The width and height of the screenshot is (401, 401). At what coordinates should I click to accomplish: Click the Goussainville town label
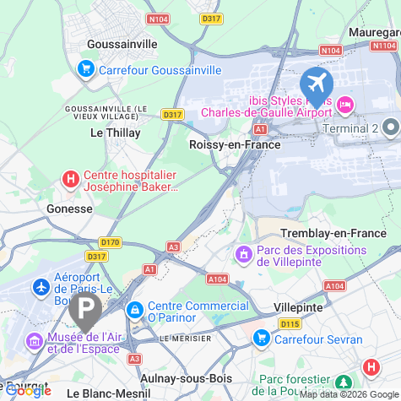click(x=123, y=43)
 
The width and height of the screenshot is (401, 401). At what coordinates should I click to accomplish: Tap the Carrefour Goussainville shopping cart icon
click(x=85, y=68)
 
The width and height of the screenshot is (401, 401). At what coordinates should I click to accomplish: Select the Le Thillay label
click(x=115, y=133)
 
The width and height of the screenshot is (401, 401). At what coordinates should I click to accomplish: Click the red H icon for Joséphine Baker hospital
click(x=71, y=180)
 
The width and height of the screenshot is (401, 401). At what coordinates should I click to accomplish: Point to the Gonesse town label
click(x=69, y=208)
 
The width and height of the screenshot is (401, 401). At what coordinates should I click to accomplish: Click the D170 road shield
click(x=111, y=242)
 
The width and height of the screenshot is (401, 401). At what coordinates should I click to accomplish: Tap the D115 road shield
click(x=290, y=323)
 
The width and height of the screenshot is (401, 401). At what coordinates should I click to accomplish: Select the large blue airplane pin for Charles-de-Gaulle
click(x=317, y=84)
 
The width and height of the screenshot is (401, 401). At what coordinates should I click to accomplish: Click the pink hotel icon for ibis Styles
click(x=344, y=104)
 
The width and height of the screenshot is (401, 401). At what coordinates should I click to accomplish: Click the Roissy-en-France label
click(x=235, y=144)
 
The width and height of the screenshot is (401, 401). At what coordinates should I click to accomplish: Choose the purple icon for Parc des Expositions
click(x=243, y=252)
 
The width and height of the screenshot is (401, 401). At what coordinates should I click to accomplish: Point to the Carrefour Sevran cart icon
click(x=261, y=339)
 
